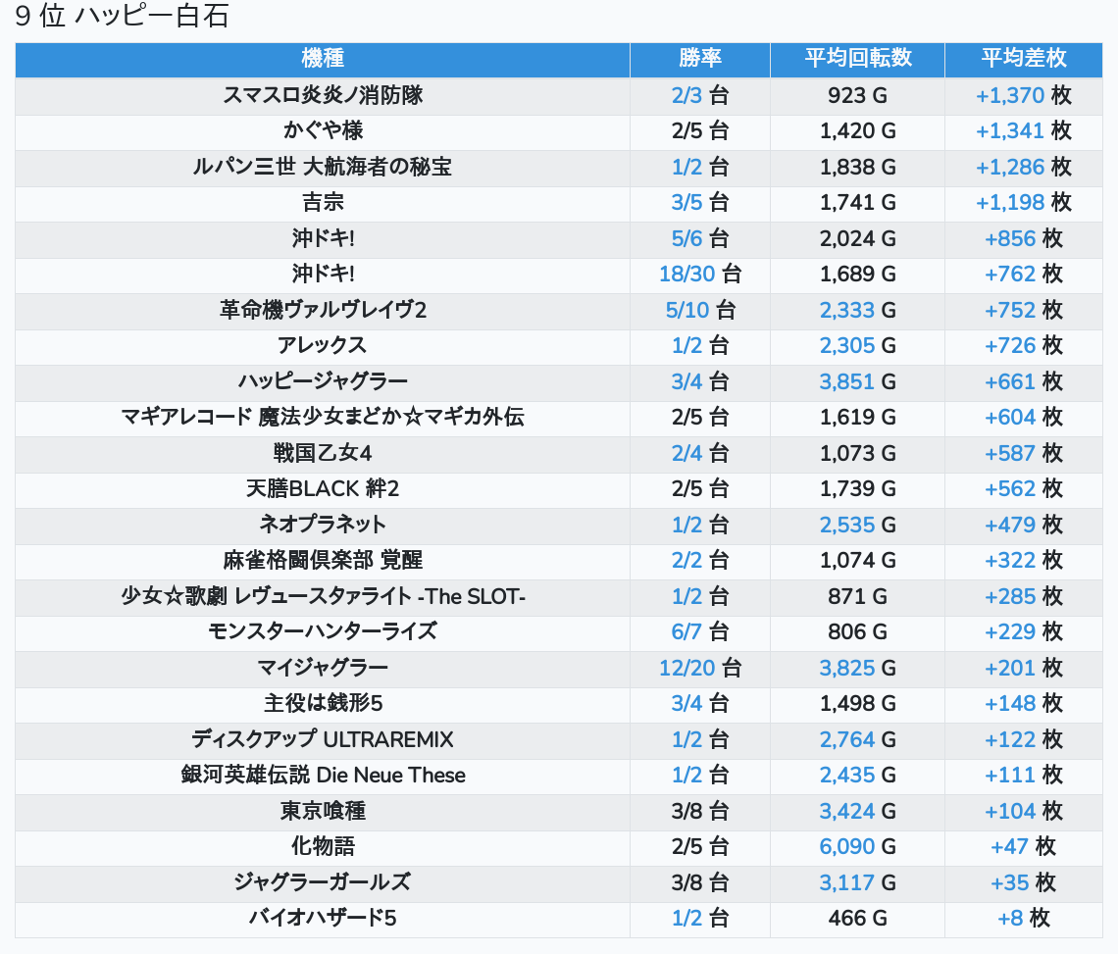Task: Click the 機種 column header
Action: coord(323,59)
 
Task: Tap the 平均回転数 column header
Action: coord(858,59)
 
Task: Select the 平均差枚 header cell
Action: coord(1024,59)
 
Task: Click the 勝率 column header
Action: coord(700,59)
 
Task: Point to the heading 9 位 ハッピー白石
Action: coord(123,18)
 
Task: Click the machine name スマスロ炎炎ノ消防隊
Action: coord(323,95)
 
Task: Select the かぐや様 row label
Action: coord(323,131)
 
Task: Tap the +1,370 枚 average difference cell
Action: coord(1024,95)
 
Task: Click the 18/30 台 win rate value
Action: coord(700,275)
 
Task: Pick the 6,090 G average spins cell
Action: coord(858,846)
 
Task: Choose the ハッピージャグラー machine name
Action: coord(323,381)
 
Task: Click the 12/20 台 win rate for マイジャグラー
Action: coord(700,668)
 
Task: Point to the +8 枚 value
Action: coord(1024,918)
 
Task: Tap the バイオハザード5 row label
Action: coord(323,918)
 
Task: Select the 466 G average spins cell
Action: coord(858,918)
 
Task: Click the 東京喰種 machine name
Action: coord(323,811)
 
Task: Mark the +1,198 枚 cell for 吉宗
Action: coord(1024,203)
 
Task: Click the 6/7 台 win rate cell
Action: coord(700,631)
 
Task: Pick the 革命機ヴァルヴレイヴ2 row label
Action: coord(323,310)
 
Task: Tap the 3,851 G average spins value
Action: coord(858,381)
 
